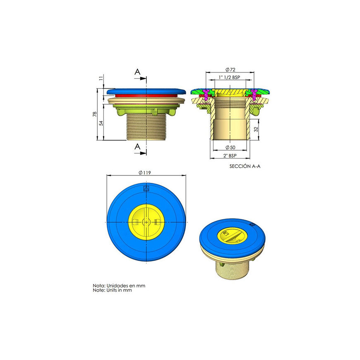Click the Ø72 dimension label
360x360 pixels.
[x=230, y=70]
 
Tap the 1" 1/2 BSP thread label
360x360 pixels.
[x=229, y=77]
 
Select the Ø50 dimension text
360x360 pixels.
[x=230, y=147]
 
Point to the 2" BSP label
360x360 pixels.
[x=230, y=156]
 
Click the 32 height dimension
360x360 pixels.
[x=256, y=129]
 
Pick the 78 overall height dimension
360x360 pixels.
[x=95, y=114]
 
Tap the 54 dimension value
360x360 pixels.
[x=101, y=123]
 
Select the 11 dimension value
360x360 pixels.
[x=101, y=79]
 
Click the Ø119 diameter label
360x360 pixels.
[x=145, y=173]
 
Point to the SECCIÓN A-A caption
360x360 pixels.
[x=245, y=166]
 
